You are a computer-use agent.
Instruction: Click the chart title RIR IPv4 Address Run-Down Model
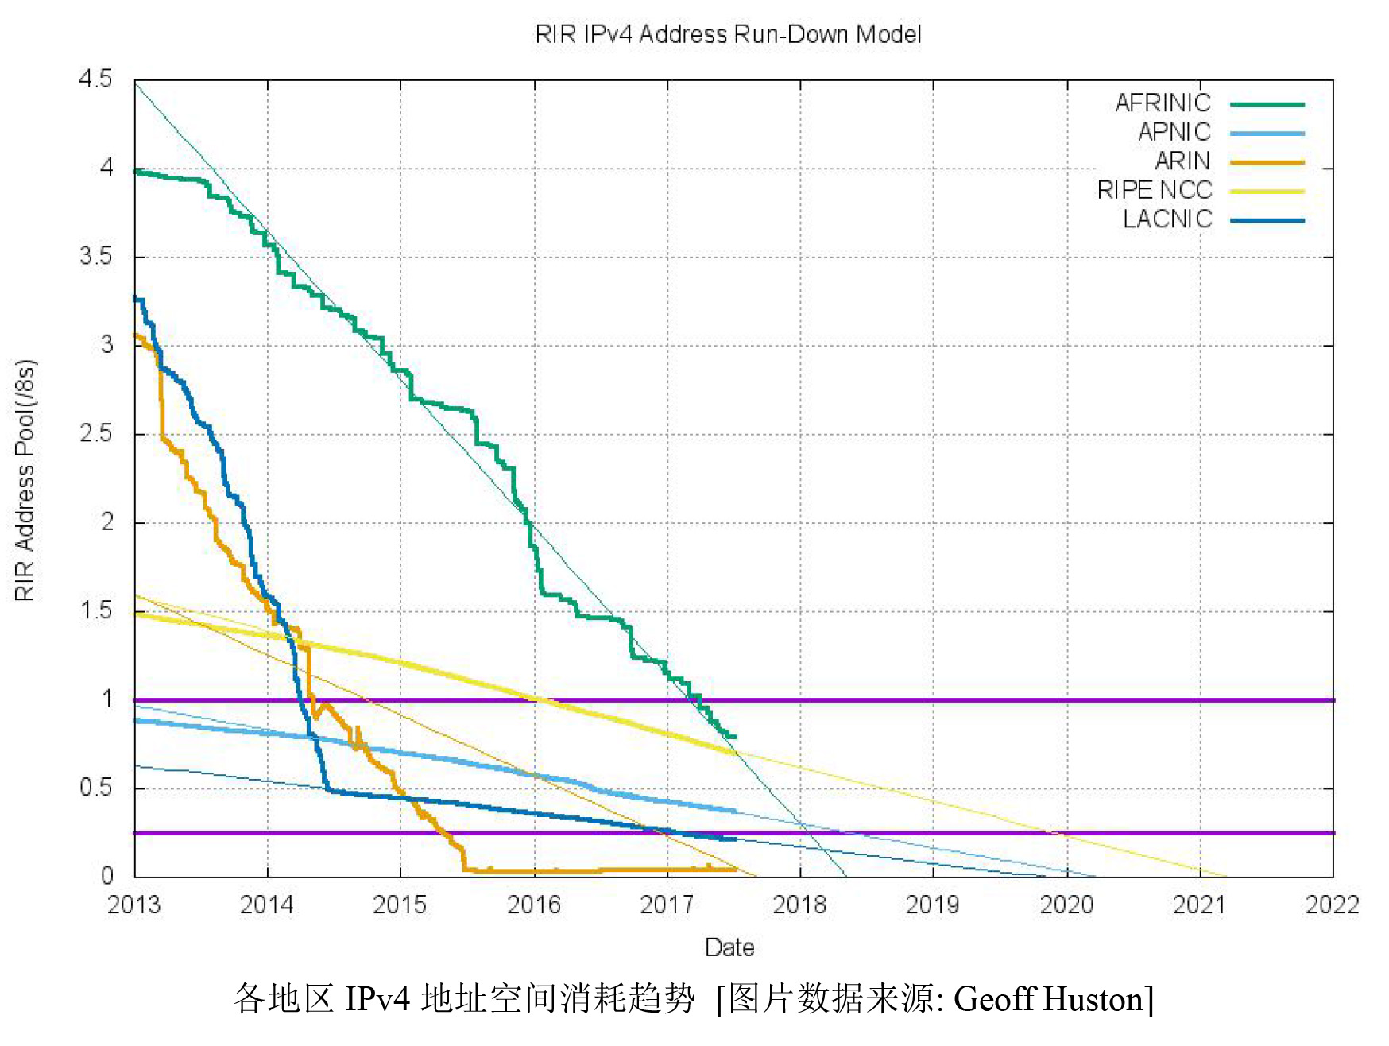point(728,34)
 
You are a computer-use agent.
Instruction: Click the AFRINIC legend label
point(1163,103)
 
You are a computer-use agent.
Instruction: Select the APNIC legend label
point(1174,132)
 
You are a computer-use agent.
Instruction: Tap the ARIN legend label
point(1182,161)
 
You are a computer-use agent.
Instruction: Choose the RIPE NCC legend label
point(1154,190)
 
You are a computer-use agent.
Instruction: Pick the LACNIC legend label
point(1167,219)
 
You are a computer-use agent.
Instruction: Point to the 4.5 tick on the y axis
point(95,79)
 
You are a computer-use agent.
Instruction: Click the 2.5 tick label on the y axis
point(95,434)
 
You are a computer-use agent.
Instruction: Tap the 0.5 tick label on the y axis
point(95,788)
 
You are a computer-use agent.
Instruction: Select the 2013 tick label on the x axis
point(133,905)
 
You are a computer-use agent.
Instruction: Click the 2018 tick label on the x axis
point(799,905)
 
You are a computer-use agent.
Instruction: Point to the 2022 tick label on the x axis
point(1332,905)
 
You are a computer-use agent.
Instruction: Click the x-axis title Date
point(729,947)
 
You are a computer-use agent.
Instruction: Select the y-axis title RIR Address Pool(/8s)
point(25,480)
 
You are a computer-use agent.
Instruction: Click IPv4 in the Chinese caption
point(377,999)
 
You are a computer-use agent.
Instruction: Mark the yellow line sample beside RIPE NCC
point(1267,192)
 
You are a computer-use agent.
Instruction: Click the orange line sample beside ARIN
point(1267,162)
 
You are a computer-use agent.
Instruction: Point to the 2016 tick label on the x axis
point(533,905)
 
